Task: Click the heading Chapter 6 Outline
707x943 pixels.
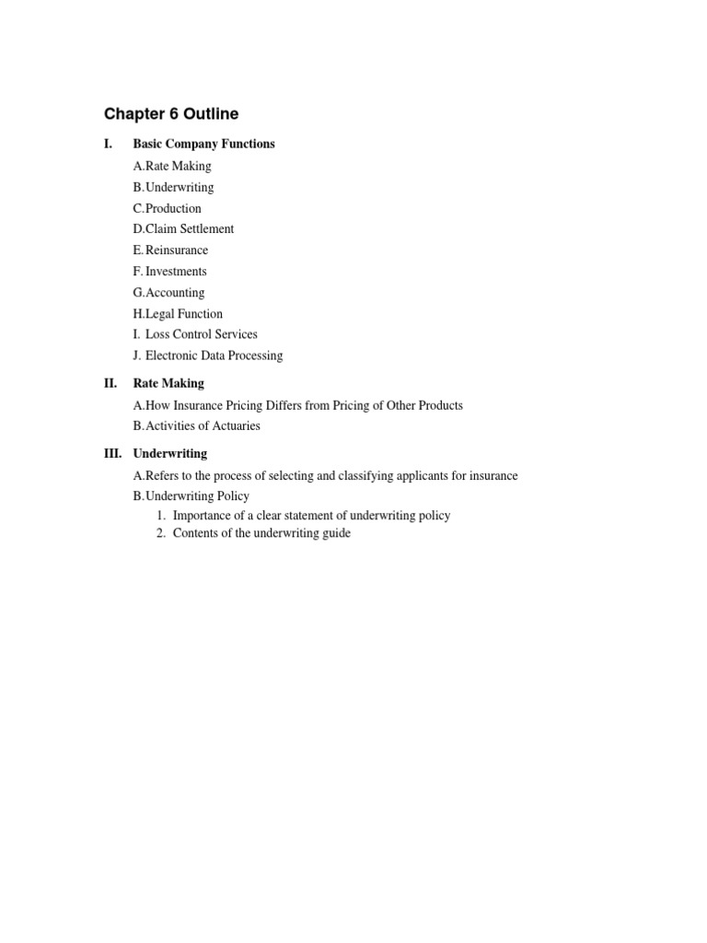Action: coord(171,114)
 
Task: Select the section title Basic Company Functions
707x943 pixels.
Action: coord(203,144)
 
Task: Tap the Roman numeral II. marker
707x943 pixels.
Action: coord(110,383)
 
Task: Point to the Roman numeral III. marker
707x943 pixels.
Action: coord(112,453)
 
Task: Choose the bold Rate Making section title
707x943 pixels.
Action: coord(168,383)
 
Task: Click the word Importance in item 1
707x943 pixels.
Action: coord(202,516)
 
